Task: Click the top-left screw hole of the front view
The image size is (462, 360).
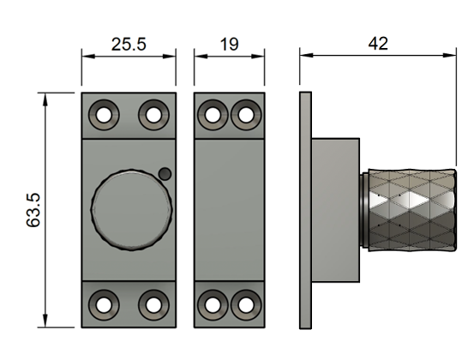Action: (x=105, y=113)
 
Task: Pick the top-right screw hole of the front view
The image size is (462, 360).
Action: (x=153, y=113)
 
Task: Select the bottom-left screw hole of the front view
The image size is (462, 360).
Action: (x=105, y=303)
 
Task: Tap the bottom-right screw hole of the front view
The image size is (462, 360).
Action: (x=153, y=303)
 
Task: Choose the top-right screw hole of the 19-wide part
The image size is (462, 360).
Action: (x=245, y=113)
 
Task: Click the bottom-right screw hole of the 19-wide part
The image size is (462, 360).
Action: (x=245, y=303)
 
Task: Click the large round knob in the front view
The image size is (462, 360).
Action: (x=130, y=209)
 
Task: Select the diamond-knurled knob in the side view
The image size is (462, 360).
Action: (x=408, y=209)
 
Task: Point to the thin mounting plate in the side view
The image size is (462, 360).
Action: (x=304, y=209)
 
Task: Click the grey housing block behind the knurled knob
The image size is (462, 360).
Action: (x=334, y=209)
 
